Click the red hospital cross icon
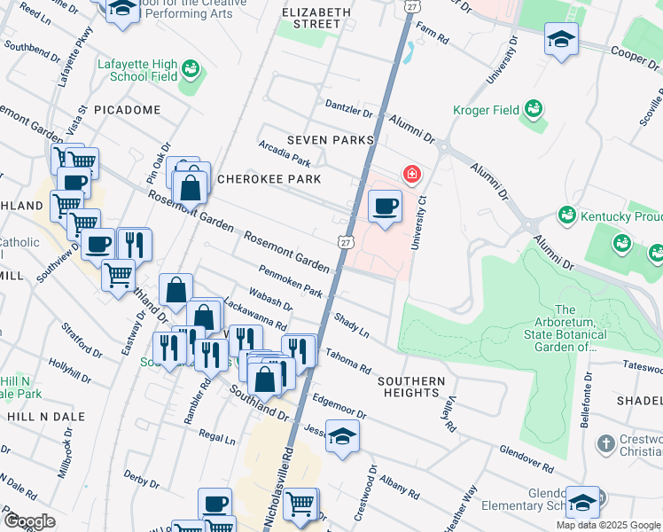[x=411, y=174]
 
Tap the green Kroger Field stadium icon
[x=533, y=109]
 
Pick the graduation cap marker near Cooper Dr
[x=561, y=40]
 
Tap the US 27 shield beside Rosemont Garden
[x=346, y=241]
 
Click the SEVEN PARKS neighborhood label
[x=329, y=140]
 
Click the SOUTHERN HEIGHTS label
[x=410, y=381]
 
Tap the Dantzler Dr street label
[x=349, y=111]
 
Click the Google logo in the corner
[x=29, y=521]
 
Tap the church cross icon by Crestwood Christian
[x=605, y=442]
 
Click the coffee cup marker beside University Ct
[x=385, y=207]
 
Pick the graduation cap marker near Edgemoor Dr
[x=342, y=438]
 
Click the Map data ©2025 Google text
[x=608, y=525]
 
